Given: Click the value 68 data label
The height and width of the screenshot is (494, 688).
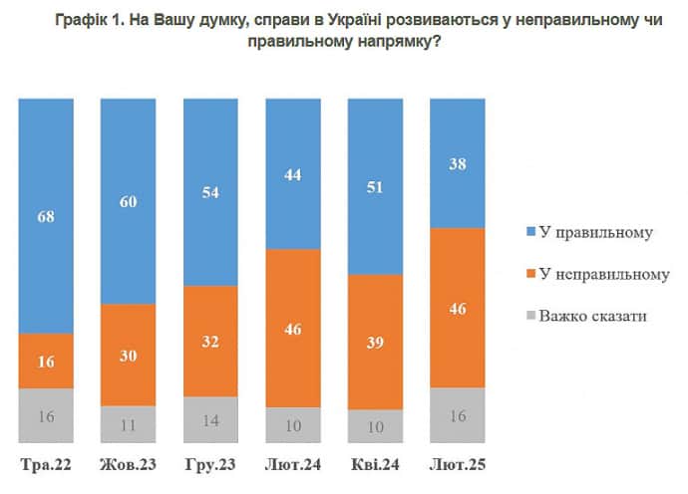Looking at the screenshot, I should pos(47,214).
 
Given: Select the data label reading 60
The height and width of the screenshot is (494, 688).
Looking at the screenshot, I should pos(129,201).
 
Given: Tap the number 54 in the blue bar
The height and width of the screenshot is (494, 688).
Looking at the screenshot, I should pos(211,191).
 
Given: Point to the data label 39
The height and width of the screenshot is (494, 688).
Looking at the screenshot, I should pos(376,342).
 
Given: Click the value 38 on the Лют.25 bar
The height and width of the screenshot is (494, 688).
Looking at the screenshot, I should pos(458,164).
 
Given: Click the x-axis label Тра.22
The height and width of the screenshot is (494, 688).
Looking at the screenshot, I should pos(47,465).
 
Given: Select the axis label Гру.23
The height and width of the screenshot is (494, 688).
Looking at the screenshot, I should pos(211,465).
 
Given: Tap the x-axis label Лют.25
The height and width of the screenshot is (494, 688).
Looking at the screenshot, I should pos(458,465).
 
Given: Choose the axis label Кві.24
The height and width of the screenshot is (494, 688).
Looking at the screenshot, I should pos(376,465).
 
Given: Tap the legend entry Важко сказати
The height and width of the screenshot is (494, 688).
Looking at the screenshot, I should pos(592,317).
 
